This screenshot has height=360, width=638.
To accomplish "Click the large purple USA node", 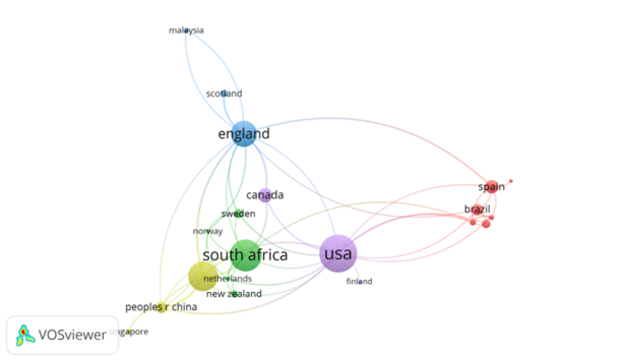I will point(338,254).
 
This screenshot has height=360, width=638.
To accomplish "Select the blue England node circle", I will point(244,133).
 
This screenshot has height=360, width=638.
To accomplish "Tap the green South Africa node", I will point(245,255).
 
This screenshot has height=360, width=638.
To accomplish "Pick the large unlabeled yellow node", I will point(202,276).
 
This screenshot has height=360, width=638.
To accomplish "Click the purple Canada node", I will point(266,195).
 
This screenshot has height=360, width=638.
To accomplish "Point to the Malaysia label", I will point(186,31).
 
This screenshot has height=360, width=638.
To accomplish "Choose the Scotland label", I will point(224,94).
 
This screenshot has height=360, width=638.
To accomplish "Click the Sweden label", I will point(238,214).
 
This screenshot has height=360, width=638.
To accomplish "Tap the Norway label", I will point(208,232).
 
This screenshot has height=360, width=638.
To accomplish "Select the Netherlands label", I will point(227,279).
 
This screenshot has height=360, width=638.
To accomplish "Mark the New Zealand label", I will point(234,294).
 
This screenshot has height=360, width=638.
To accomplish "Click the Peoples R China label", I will point(161,308).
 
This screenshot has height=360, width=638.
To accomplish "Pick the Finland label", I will point(359,282).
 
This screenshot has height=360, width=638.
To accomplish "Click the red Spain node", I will point(492,187).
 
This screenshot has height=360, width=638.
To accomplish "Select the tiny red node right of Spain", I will point(511,181).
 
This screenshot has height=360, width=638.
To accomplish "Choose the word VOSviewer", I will point(72,335).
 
